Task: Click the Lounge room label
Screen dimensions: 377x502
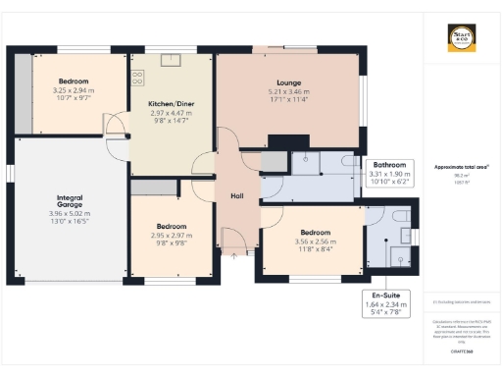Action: point(288,82)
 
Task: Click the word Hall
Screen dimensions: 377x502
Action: point(236,196)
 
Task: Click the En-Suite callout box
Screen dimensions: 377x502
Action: point(384,300)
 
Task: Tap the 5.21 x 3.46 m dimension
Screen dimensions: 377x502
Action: point(288,92)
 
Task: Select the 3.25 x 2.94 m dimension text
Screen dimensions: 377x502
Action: point(74,90)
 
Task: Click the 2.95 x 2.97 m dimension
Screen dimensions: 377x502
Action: point(171,236)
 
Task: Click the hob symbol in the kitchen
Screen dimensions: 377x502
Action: point(137,76)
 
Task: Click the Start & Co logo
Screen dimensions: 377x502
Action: point(462,39)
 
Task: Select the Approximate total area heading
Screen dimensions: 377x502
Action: point(461,168)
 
